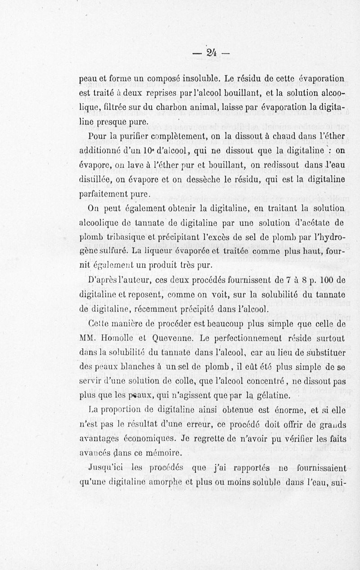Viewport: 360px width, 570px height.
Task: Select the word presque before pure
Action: pyautogui.click(x=117, y=122)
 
